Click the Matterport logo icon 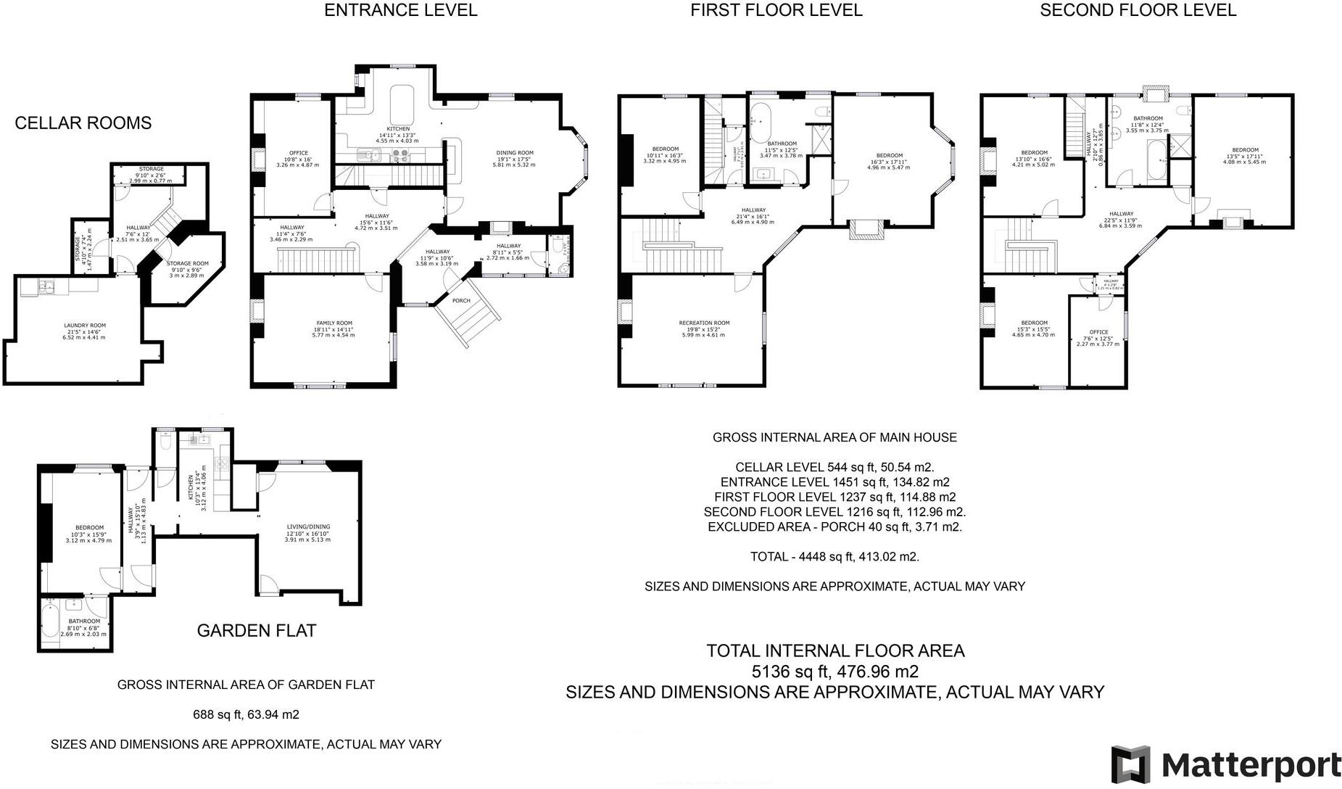[1130, 765]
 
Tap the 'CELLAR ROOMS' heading [83, 123]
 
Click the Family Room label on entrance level [334, 323]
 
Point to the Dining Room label [515, 153]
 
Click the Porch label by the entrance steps [461, 300]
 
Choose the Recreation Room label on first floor [704, 323]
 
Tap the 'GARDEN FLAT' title [257, 631]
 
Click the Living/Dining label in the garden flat [307, 527]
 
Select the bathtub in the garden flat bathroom [50, 622]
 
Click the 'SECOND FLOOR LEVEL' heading [1138, 10]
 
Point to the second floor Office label [1098, 332]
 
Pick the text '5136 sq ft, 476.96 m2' [835, 672]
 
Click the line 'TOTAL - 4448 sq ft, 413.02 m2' [834, 557]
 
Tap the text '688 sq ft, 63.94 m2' [246, 715]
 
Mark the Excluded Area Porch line [834, 527]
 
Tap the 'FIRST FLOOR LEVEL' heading [776, 10]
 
